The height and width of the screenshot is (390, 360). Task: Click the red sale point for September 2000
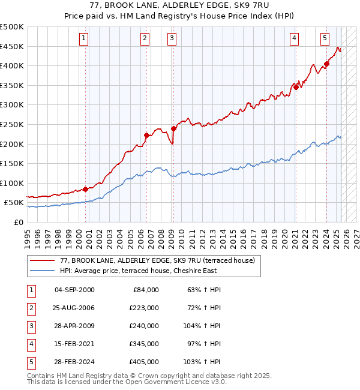[85, 189]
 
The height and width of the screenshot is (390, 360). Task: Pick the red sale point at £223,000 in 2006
[146, 135]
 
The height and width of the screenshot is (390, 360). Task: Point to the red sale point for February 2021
[296, 87]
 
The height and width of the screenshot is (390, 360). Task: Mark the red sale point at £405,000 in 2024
[326, 64]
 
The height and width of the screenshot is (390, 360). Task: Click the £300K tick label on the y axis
[13, 105]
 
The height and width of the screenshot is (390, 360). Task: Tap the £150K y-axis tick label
[13, 163]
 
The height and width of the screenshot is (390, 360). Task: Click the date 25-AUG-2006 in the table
[75, 308]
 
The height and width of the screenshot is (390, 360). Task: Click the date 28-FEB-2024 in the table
[75, 362]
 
